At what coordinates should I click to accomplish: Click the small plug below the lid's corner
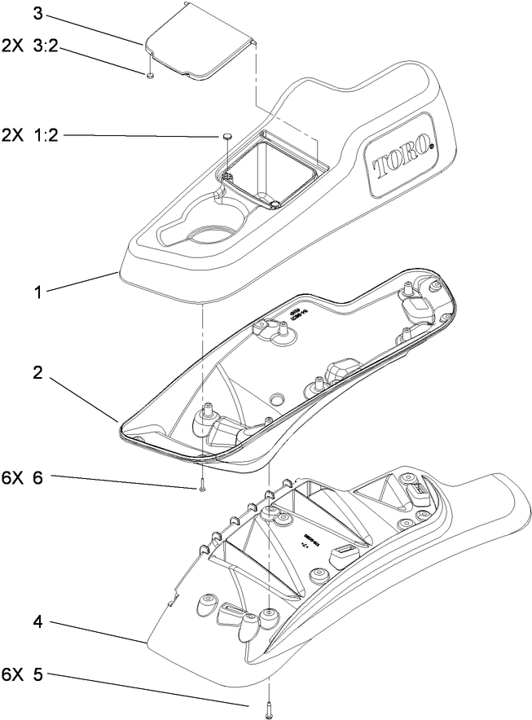tap(152, 76)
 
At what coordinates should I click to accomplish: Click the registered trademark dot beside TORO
tap(432, 147)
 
